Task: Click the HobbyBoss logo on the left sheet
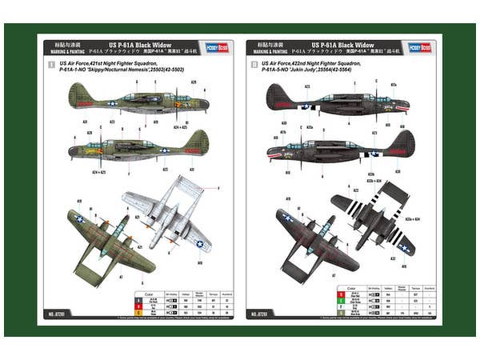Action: coord(216,46)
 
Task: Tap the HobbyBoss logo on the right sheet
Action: coord(419,46)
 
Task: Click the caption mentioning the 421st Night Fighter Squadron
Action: coord(118,66)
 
